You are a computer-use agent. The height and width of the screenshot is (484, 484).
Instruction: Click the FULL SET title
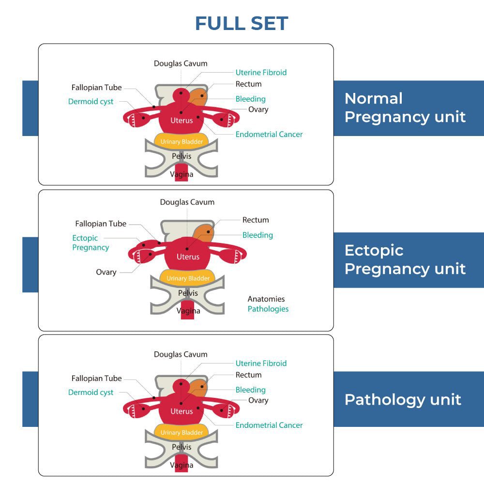[x=242, y=23]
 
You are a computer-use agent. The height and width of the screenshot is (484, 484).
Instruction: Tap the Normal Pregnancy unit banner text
[x=405, y=107]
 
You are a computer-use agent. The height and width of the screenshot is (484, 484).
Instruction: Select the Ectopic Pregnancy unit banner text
[x=405, y=259]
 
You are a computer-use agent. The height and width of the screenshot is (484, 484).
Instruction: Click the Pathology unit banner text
[x=403, y=399]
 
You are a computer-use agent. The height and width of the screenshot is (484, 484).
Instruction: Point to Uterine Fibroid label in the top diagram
[x=261, y=73]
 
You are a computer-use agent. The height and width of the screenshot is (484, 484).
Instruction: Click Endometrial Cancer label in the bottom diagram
[x=269, y=425]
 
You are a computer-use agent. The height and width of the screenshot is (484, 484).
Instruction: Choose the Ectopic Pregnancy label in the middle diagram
[x=91, y=242]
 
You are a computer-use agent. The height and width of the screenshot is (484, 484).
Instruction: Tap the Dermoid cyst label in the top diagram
[x=91, y=102]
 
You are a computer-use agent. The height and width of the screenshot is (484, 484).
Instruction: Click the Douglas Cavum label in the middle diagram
[x=187, y=202]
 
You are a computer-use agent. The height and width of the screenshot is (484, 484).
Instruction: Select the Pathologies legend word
[x=268, y=309]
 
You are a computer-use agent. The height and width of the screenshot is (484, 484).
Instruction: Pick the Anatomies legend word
[x=266, y=299]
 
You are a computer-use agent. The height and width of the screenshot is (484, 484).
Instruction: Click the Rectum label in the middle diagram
[x=256, y=220]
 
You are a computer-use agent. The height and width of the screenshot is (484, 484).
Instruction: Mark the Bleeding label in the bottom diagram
[x=251, y=390]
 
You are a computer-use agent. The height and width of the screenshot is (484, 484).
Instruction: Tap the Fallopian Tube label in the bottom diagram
[x=97, y=378]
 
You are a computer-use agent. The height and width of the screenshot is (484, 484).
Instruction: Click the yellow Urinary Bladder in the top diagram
[x=181, y=141]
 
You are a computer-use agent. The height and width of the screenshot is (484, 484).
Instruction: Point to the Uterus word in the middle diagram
[x=188, y=257]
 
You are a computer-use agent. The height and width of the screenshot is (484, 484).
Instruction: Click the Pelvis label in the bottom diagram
[x=181, y=447]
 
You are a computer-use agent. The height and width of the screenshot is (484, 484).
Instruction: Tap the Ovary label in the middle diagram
[x=106, y=272]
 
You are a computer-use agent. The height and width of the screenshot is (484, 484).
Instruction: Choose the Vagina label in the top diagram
[x=181, y=174]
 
